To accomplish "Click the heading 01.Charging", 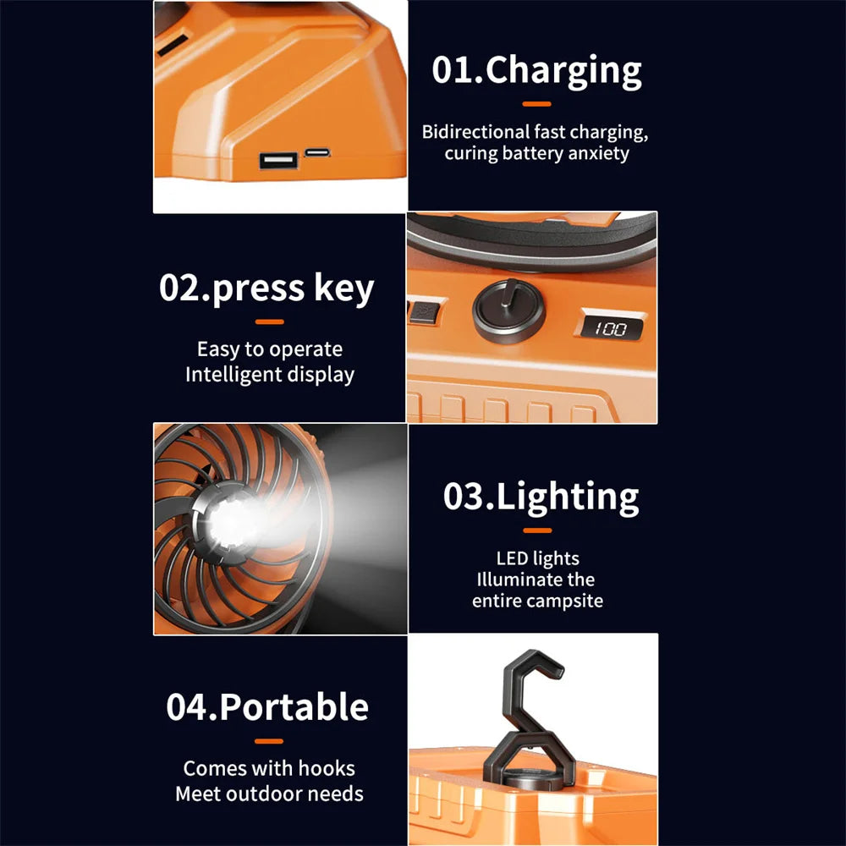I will (536, 71).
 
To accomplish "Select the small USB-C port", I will (317, 152).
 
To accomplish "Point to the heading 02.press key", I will (266, 288).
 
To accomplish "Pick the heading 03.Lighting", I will (541, 497).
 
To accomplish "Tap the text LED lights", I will (537, 558).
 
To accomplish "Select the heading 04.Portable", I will (267, 707).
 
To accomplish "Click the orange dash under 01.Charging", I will (536, 104).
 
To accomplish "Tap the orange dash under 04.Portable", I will (269, 741).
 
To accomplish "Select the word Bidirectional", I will (475, 132).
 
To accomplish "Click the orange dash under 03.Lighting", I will (537, 530).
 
